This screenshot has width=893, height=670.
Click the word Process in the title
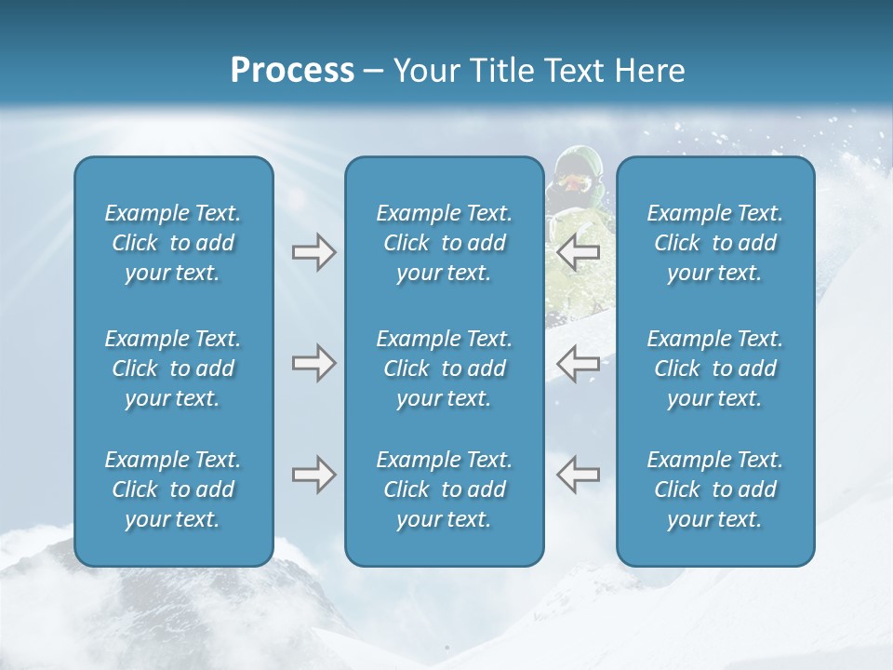tap(292, 71)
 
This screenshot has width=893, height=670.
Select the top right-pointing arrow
tap(313, 252)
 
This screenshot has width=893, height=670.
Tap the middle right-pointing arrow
tap(313, 363)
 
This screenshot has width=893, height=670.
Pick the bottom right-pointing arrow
tap(313, 475)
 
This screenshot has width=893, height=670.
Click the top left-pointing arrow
tap(578, 252)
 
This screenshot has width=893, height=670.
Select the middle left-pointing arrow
tap(578, 363)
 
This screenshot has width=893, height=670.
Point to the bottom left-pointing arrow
tap(578, 475)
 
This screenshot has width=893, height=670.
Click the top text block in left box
tap(173, 243)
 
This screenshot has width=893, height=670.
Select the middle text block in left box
tap(173, 368)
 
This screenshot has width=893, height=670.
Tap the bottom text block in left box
tap(173, 489)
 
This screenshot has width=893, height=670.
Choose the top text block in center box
tap(445, 243)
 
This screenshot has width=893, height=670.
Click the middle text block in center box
tap(445, 368)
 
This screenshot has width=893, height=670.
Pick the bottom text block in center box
tap(445, 489)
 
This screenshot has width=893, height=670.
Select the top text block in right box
tap(715, 243)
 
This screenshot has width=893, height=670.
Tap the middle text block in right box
tap(715, 368)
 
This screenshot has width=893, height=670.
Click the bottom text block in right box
tap(715, 489)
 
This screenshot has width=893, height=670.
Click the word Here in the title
tap(648, 71)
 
